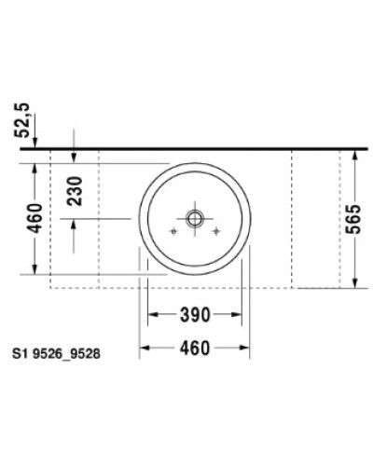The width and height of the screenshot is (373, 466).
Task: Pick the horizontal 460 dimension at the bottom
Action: click(x=192, y=349)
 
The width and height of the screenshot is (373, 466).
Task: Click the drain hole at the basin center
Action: click(x=195, y=219)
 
